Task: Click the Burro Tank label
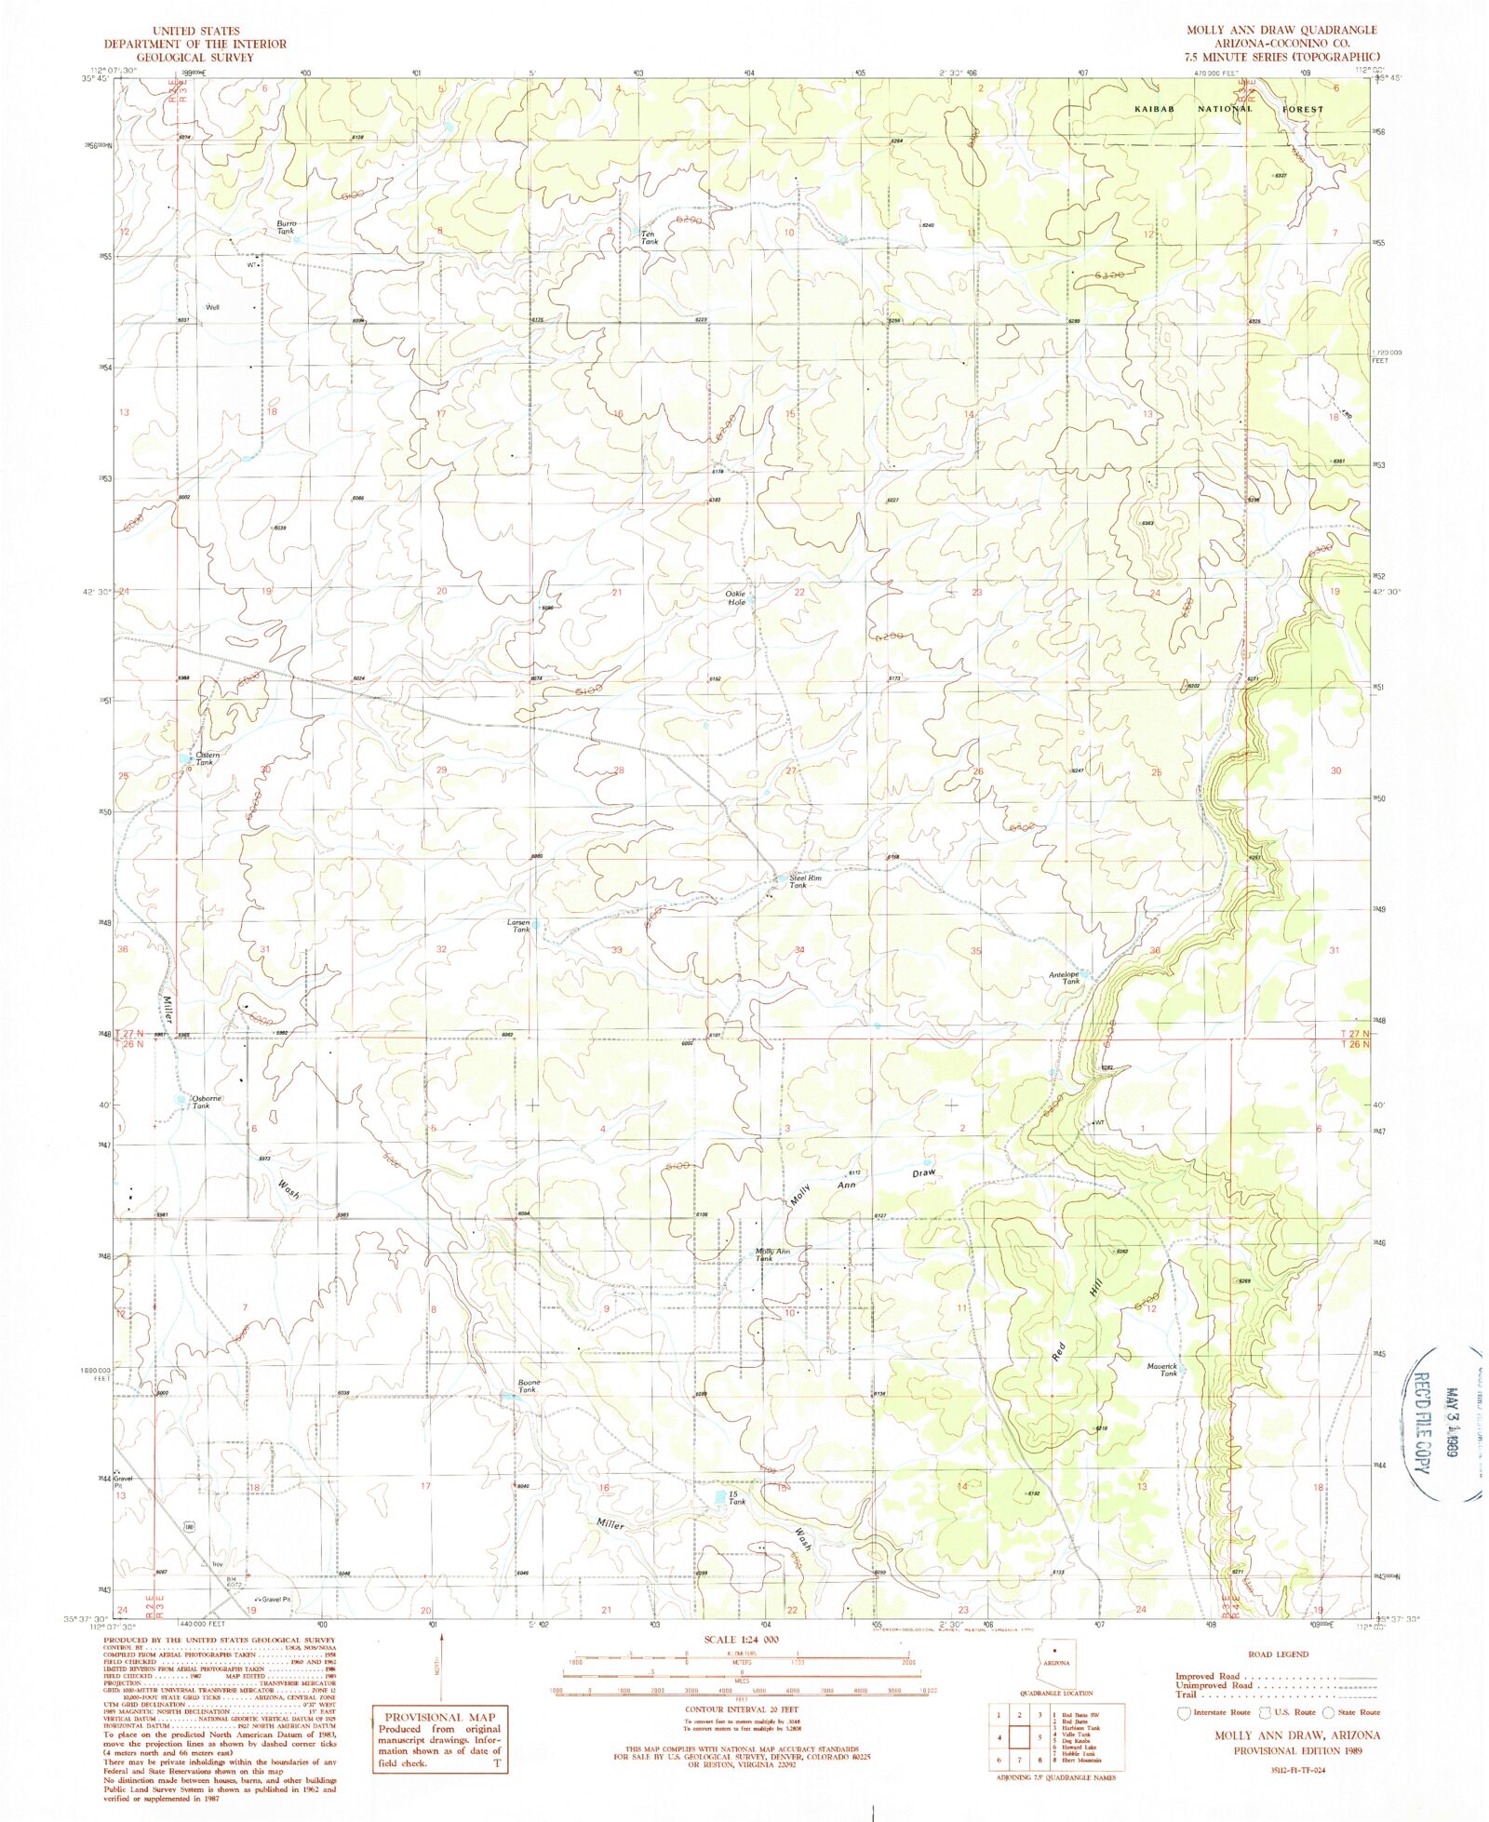point(286,227)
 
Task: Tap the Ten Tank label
point(649,238)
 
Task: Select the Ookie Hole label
point(736,597)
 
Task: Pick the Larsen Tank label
point(519,926)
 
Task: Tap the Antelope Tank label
point(1065,978)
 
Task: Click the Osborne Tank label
point(205,1102)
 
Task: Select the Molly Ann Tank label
point(771,1254)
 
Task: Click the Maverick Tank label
point(1162,1369)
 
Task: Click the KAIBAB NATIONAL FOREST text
point(1228,109)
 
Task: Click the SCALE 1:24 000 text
point(742,1640)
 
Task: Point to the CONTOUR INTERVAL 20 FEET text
point(742,1709)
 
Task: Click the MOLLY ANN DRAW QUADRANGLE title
point(1281,30)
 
